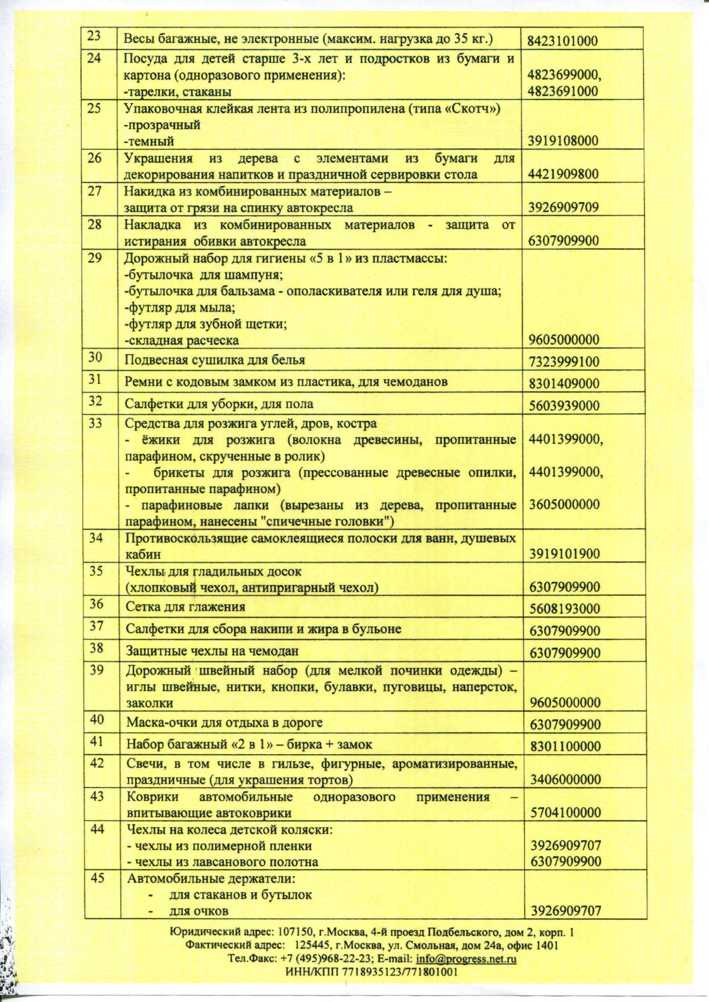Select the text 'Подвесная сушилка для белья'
tap(215, 360)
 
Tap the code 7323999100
tap(564, 362)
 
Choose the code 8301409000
tap(564, 383)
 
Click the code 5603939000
tap(564, 405)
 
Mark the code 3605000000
tap(564, 505)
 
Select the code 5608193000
tap(565, 608)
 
